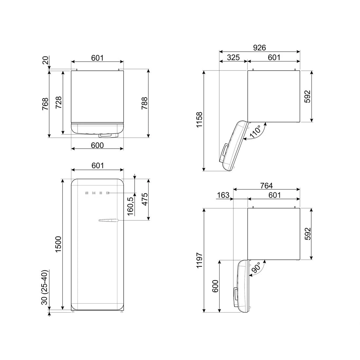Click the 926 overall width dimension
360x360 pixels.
click(x=259, y=47)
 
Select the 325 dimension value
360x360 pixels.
click(x=233, y=57)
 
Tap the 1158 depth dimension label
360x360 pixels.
click(x=199, y=120)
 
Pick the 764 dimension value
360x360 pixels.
click(x=266, y=186)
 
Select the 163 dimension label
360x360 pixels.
click(x=223, y=195)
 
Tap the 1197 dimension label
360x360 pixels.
click(x=199, y=261)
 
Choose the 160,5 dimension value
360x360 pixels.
click(x=130, y=206)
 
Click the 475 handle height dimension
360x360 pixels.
click(x=144, y=200)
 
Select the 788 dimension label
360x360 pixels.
click(x=144, y=103)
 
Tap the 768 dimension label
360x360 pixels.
click(x=45, y=104)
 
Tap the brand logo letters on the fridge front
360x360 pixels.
click(x=97, y=193)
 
